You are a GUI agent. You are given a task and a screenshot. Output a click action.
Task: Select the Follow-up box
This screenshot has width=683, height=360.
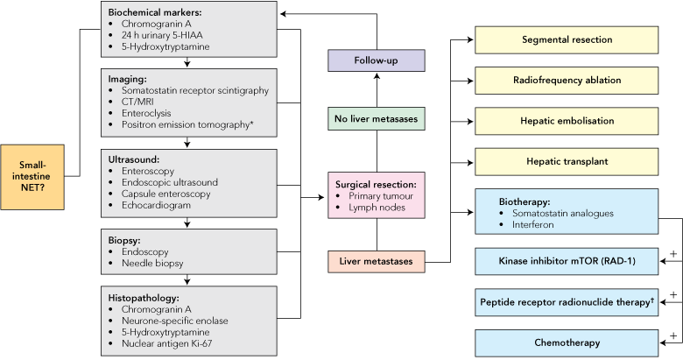click(x=377, y=60)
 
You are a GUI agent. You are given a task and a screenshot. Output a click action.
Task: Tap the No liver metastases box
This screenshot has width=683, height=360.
click(x=377, y=116)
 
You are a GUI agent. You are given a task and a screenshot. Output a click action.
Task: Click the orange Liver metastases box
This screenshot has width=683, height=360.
click(x=377, y=260)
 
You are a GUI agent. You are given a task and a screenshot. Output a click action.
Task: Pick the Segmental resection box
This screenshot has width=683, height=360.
click(x=566, y=40)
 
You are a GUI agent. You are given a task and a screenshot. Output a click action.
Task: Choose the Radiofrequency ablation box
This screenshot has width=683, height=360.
click(x=566, y=81)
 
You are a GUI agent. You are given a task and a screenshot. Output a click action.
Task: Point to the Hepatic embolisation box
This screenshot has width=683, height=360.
click(x=566, y=121)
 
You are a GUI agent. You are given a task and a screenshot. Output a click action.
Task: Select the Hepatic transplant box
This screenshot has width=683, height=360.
click(x=566, y=162)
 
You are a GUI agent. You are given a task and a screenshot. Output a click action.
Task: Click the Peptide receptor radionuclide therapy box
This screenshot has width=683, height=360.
click(x=566, y=301)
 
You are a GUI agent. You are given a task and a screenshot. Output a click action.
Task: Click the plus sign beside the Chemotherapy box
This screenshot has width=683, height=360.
click(x=672, y=334)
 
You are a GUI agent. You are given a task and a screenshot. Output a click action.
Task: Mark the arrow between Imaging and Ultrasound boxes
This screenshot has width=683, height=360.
click(x=187, y=144)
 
